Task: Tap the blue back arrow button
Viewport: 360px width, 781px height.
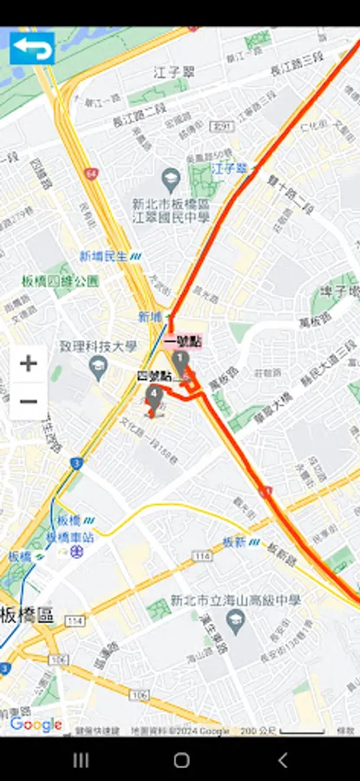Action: [32, 49]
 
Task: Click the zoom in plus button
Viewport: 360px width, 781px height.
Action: [29, 364]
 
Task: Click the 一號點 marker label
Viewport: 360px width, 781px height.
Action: [190, 341]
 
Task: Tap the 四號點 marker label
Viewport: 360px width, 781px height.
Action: [154, 376]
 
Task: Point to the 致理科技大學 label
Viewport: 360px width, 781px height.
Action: [98, 346]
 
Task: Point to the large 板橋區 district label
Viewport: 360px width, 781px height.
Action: [27, 616]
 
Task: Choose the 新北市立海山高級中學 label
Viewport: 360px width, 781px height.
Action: [235, 600]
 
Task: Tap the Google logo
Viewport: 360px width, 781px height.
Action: [36, 725]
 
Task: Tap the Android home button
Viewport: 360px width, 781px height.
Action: [180, 760]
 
